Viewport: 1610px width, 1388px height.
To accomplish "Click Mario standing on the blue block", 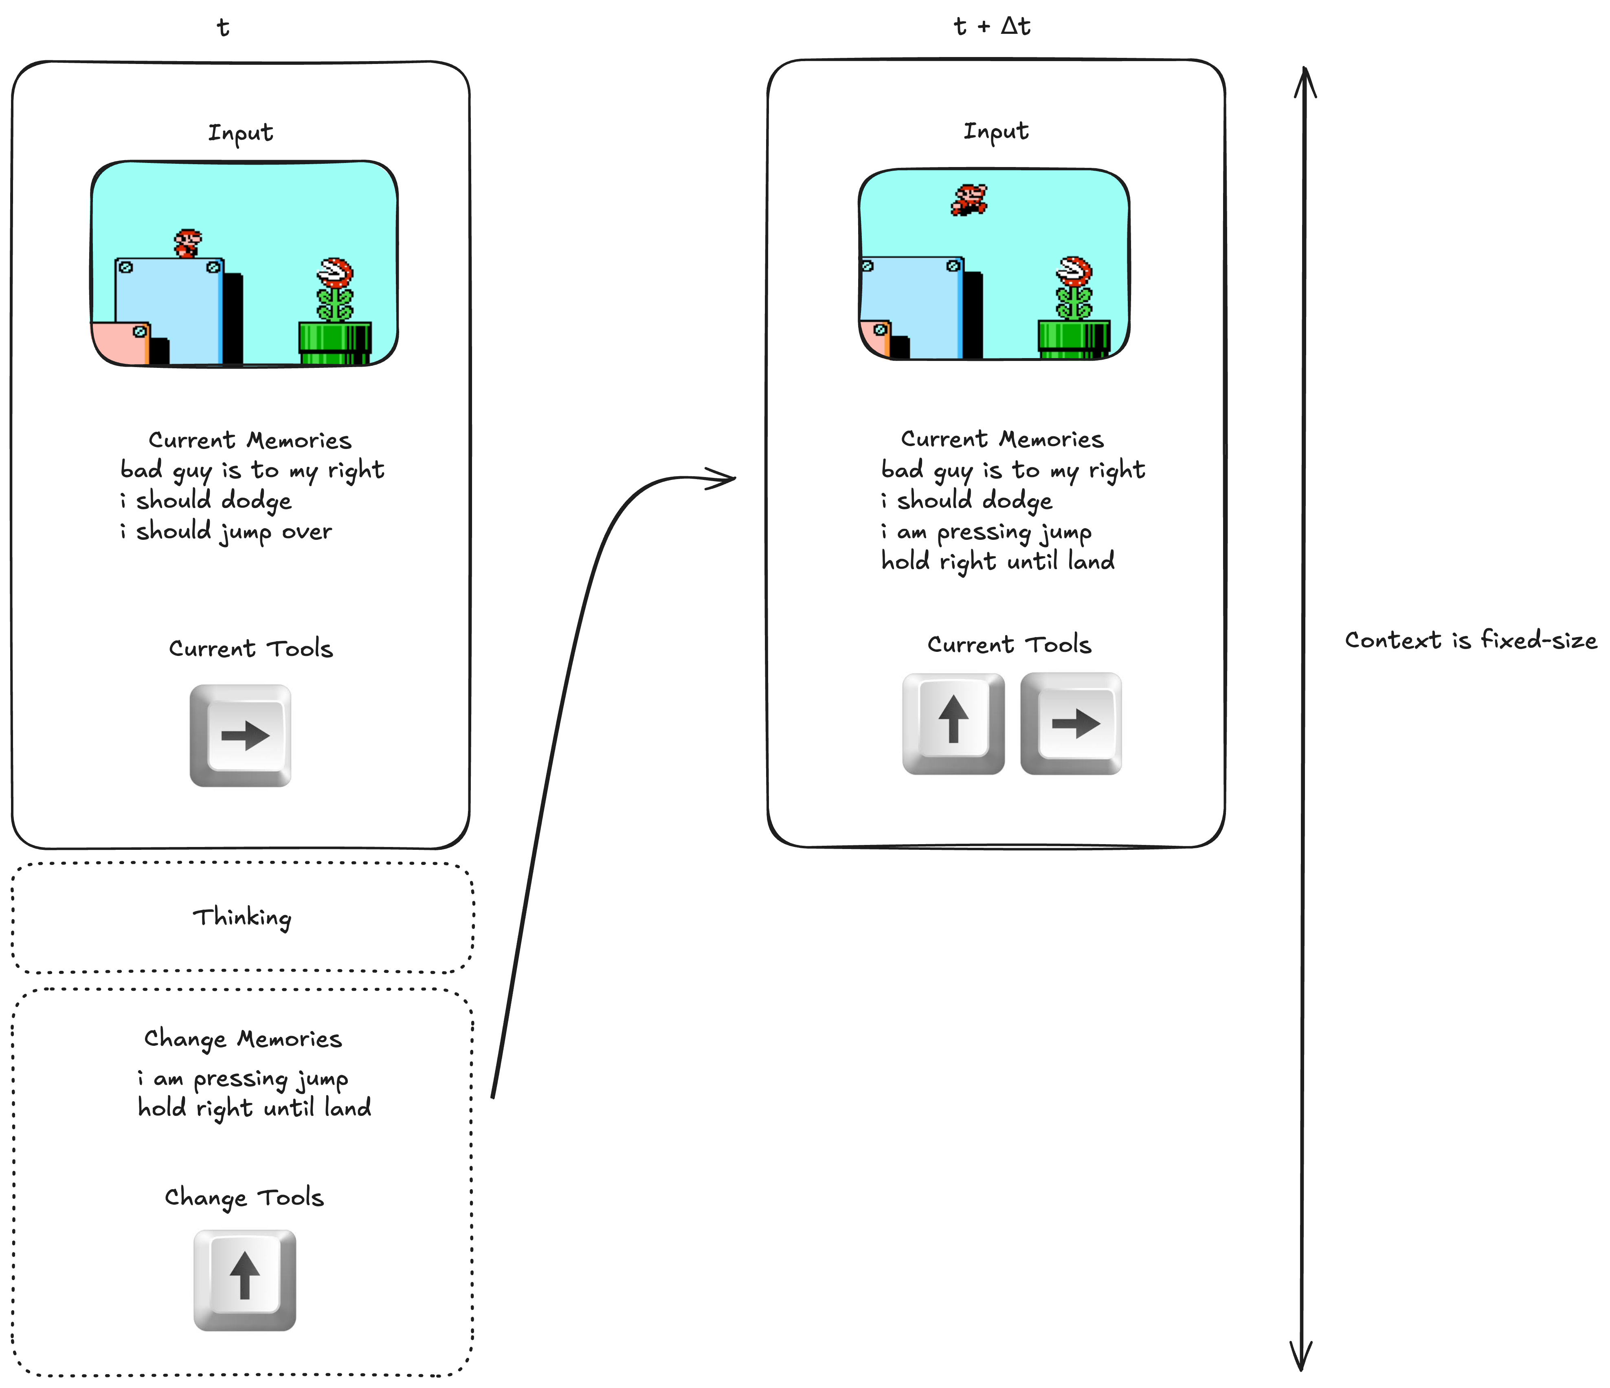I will coord(187,243).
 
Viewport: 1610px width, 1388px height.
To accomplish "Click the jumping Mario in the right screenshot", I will coord(969,200).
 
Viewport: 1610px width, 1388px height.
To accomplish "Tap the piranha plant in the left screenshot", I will coord(335,289).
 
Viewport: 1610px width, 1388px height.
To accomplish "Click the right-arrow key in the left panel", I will coord(241,735).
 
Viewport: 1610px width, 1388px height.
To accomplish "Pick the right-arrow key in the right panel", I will coord(1072,723).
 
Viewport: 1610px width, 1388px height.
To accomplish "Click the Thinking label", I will coord(242,918).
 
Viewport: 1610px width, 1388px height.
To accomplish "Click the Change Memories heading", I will coord(242,1039).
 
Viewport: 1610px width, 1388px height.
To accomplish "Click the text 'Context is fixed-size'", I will coord(1470,640).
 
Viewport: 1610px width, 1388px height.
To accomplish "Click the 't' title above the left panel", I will coord(223,28).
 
